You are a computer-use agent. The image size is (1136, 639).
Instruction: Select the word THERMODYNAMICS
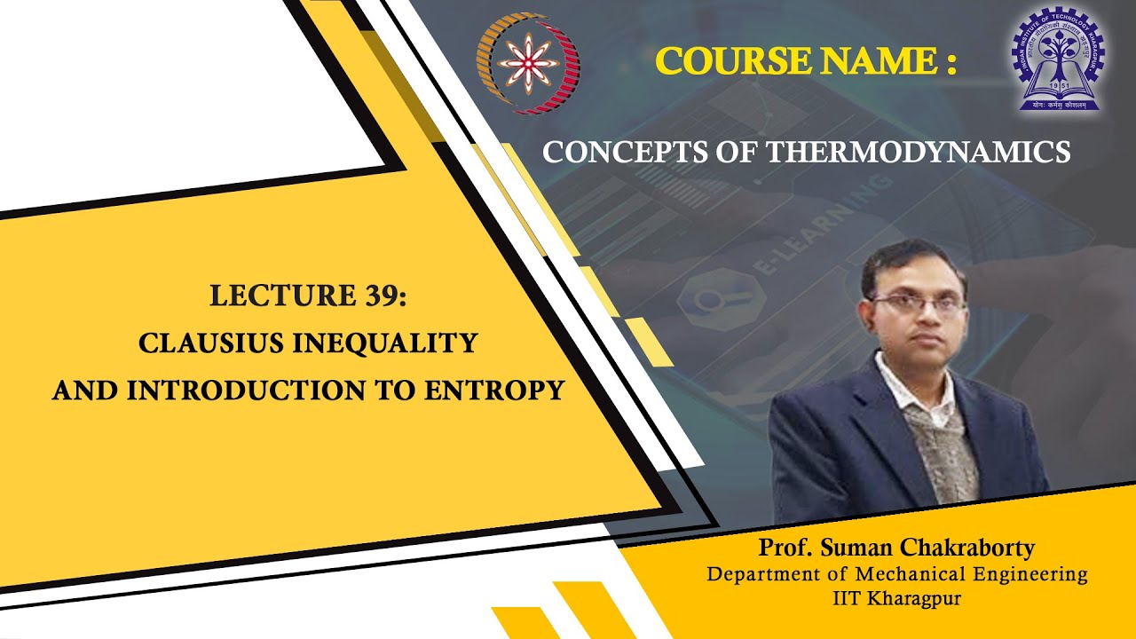pos(919,152)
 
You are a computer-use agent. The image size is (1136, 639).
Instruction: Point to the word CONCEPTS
pos(606,152)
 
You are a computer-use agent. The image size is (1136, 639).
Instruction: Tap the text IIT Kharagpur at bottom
pos(896,599)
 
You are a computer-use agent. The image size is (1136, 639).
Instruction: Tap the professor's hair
pos(910,257)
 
